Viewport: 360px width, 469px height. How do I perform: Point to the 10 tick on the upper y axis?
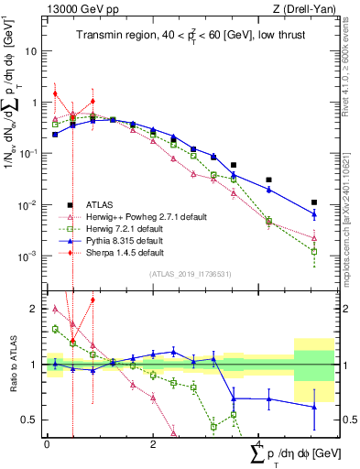point(34,51)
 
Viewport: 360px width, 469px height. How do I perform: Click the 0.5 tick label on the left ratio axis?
point(32,420)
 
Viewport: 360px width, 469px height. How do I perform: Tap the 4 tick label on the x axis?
point(257,443)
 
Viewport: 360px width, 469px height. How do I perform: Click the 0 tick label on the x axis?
point(47,443)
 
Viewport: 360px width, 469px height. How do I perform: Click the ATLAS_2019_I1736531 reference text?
point(191,274)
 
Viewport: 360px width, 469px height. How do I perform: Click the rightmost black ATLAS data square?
point(314,202)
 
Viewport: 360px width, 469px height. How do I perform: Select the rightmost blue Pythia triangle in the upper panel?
point(314,214)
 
